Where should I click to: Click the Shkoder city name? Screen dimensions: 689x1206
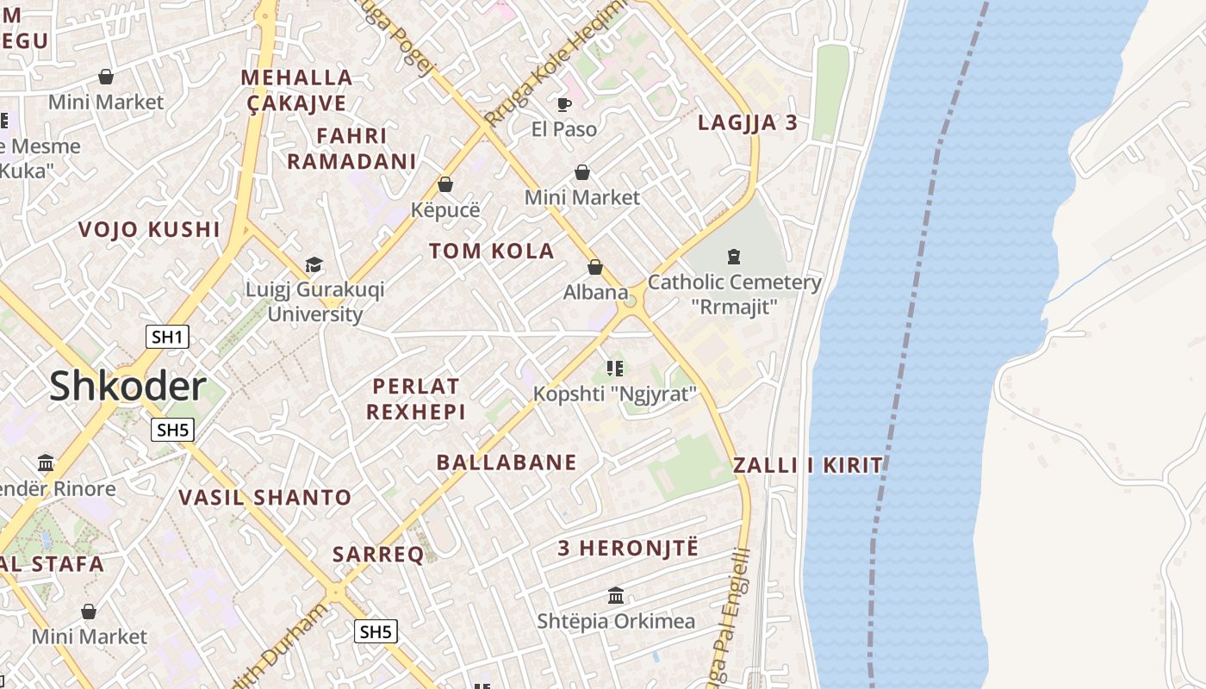click(127, 387)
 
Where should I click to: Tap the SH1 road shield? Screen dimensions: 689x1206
click(167, 337)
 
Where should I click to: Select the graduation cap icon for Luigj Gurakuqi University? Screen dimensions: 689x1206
click(314, 264)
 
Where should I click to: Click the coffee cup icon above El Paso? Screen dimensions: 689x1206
click(563, 104)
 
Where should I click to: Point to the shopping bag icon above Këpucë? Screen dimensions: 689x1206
click(445, 184)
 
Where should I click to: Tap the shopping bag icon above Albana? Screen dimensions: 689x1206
click(595, 267)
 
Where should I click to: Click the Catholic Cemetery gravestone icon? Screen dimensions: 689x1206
click(734, 256)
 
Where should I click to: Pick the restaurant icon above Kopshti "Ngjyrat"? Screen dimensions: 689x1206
click(614, 369)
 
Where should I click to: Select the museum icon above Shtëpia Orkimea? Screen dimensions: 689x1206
click(616, 595)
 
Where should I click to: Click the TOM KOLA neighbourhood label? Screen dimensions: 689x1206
click(492, 251)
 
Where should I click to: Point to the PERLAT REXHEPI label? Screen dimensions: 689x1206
click(415, 399)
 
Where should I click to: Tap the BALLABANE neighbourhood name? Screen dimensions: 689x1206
click(507, 462)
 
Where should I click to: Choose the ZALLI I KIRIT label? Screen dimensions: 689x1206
click(808, 466)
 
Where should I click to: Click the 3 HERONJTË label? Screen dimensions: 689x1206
click(628, 549)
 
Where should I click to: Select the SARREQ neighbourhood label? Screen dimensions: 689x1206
click(378, 555)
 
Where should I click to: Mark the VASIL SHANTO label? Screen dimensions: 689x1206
click(265, 498)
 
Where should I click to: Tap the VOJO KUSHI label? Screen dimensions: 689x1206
click(149, 230)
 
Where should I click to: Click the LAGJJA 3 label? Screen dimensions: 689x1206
click(748, 123)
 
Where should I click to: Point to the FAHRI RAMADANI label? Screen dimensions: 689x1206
click(351, 148)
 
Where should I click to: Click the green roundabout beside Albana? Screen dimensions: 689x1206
click(631, 301)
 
